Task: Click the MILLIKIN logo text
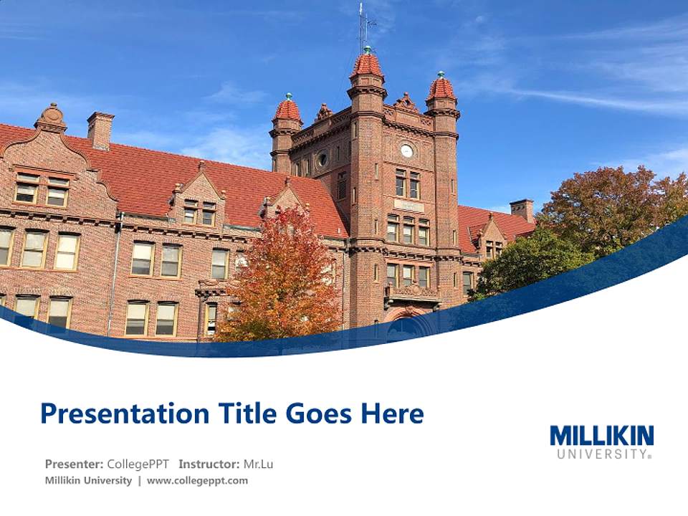click(601, 436)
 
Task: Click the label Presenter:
click(74, 464)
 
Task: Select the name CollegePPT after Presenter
click(138, 464)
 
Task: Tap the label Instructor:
click(209, 464)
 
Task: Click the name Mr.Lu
click(258, 464)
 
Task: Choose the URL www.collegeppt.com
click(197, 480)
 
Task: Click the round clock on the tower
click(406, 150)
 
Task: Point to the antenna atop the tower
click(363, 25)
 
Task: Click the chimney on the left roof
click(100, 129)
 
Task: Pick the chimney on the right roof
click(522, 209)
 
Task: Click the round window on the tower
click(322, 159)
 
